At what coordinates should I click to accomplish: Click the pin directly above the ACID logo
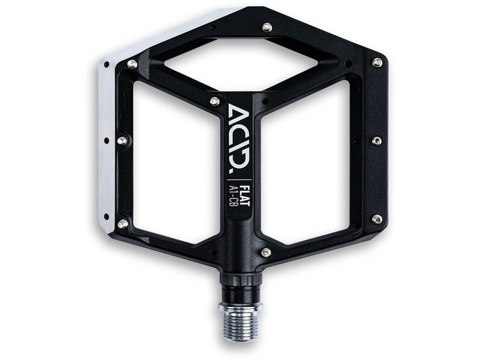click(x=214, y=101)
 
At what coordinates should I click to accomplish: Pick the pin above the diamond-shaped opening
click(x=267, y=28)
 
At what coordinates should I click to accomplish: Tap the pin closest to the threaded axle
click(x=266, y=253)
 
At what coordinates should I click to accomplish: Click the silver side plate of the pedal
click(x=107, y=144)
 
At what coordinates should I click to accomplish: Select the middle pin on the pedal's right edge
click(x=377, y=141)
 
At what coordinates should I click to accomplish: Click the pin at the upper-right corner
click(x=377, y=62)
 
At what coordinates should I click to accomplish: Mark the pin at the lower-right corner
click(x=377, y=219)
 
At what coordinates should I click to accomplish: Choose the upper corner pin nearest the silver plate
click(x=132, y=64)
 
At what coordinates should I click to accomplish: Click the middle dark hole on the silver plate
click(x=106, y=141)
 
